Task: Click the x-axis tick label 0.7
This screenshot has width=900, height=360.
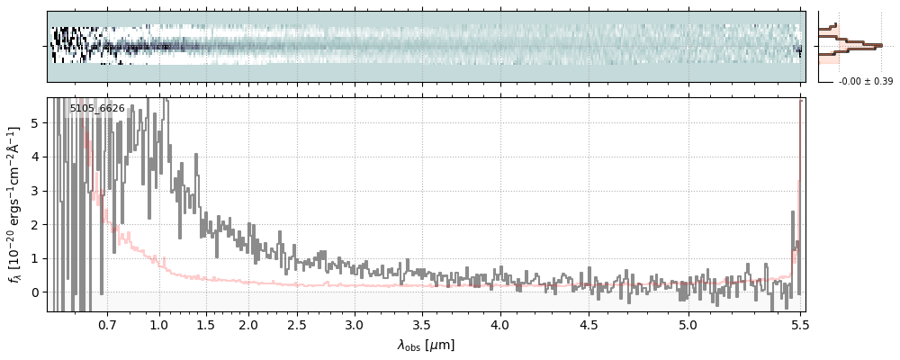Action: (107, 324)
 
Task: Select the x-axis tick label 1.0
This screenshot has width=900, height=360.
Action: (159, 324)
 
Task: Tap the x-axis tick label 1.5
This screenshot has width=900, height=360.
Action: (206, 324)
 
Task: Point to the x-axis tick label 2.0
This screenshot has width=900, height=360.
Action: (248, 324)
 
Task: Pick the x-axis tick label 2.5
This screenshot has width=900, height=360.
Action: (298, 324)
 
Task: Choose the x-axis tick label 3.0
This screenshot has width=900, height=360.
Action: (355, 324)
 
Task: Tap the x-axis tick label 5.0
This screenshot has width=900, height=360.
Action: (688, 324)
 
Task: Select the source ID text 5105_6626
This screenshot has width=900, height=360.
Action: (97, 109)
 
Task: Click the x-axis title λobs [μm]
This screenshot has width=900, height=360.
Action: (426, 345)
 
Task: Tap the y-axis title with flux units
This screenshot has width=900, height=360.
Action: (15, 204)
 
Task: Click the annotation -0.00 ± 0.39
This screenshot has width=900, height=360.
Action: (865, 82)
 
